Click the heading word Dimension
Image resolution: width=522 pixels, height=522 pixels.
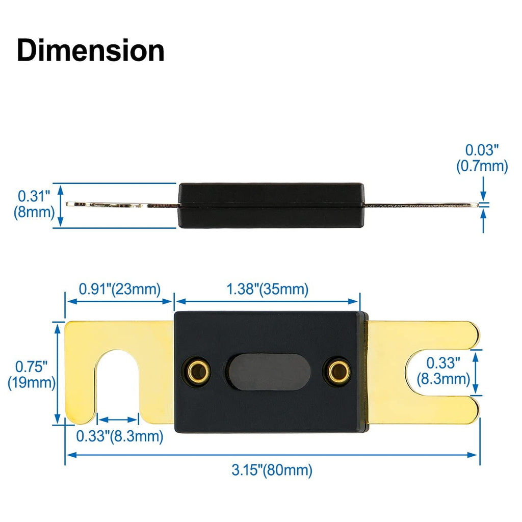90,51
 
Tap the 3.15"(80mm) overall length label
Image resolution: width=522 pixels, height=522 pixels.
272,470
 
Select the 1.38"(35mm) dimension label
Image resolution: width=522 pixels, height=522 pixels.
267,290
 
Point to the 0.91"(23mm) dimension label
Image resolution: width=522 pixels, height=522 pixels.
119,290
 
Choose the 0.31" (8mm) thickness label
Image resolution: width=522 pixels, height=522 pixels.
34,203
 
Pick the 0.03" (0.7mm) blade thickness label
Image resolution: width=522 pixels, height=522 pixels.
481,158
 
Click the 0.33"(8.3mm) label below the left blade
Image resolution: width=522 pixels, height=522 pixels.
119,436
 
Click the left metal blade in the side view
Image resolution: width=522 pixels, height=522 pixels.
122,205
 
